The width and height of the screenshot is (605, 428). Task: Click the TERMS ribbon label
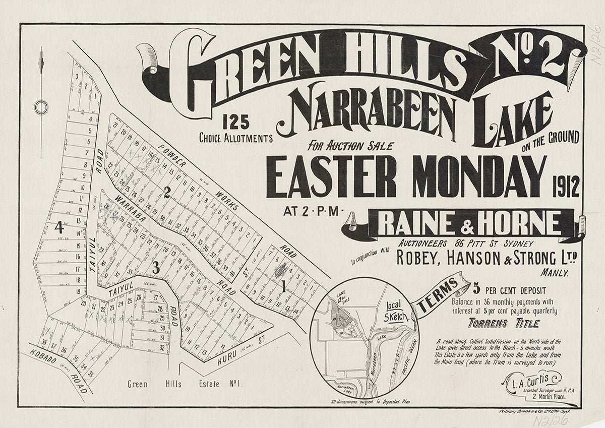pos(438,297)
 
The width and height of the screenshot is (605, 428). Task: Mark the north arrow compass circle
pos(41,107)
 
